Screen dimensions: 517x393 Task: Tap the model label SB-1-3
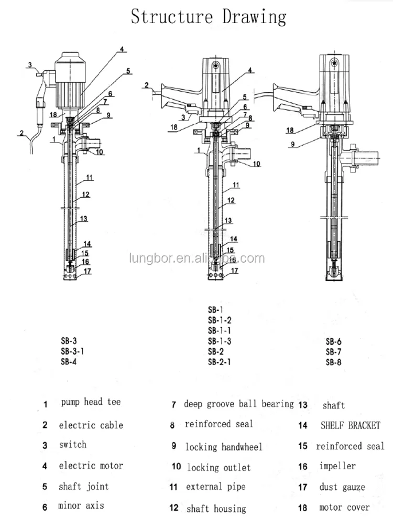[x=220, y=341]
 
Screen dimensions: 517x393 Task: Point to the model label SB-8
[x=334, y=362]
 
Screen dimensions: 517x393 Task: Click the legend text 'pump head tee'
[x=91, y=402]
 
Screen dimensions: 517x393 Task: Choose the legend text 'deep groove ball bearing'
[x=239, y=404]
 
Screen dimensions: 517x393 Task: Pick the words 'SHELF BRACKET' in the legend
[x=350, y=425]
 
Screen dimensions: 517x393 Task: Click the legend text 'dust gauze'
[x=342, y=487]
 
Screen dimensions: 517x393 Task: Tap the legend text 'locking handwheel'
[x=224, y=447]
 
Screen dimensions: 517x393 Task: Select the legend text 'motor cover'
[x=344, y=508]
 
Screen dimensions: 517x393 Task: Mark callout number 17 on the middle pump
[x=235, y=271]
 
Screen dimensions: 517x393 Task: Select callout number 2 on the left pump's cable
[x=21, y=133]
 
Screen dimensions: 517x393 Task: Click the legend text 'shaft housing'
[x=215, y=509]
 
